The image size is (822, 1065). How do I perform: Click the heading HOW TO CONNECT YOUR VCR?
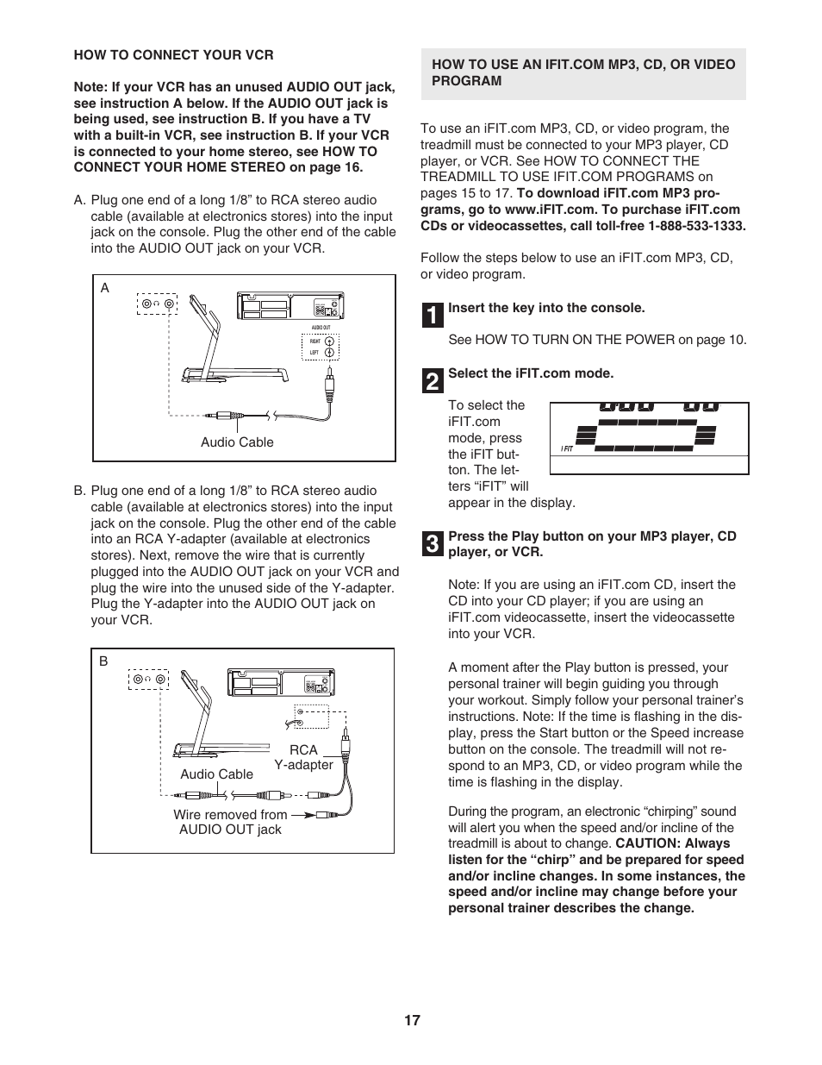(x=173, y=55)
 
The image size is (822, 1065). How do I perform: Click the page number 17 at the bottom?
(x=411, y=1020)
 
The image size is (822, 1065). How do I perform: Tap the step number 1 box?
(x=433, y=315)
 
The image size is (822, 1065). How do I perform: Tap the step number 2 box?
(x=433, y=380)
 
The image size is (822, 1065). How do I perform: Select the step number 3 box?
(x=433, y=543)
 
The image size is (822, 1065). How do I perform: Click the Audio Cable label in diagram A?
(x=237, y=442)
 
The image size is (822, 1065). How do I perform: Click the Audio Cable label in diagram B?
(x=216, y=774)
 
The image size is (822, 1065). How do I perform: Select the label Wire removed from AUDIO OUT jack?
(x=230, y=822)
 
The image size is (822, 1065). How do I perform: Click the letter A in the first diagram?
(x=105, y=288)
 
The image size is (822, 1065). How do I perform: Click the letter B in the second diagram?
(x=103, y=661)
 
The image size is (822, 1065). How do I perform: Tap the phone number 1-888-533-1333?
(x=696, y=226)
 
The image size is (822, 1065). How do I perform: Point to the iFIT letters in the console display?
(x=567, y=448)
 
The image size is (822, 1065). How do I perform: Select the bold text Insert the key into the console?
(x=546, y=308)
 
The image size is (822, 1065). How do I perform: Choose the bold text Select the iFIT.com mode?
(x=531, y=373)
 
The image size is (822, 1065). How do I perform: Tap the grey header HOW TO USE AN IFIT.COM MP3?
(x=583, y=72)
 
